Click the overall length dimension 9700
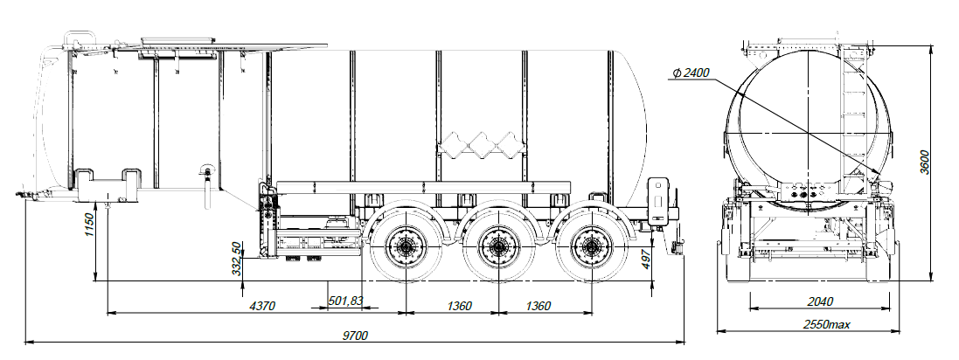(x=355, y=336)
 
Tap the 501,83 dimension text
(x=345, y=300)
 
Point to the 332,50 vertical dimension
(x=236, y=259)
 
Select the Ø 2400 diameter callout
(x=691, y=73)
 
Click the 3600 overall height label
(x=925, y=162)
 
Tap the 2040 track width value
(x=820, y=301)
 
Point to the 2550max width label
(x=826, y=324)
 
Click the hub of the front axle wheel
(x=405, y=248)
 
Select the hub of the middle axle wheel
(x=497, y=248)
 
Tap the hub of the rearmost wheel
(x=591, y=248)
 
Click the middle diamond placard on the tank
(x=482, y=144)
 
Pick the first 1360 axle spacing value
(x=459, y=306)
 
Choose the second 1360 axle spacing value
(x=539, y=306)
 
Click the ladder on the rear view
(x=854, y=116)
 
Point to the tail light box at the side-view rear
(x=658, y=201)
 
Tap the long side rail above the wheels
(x=424, y=187)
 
